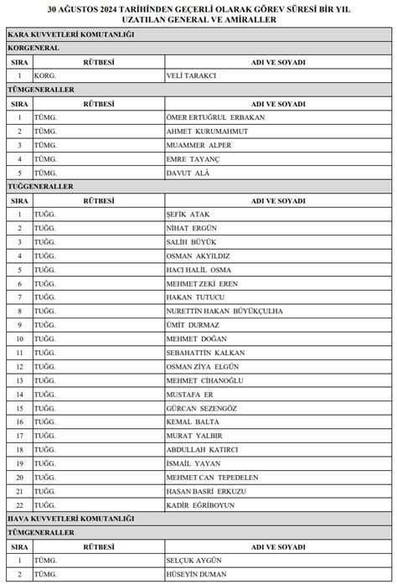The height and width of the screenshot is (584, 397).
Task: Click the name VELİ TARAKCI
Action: click(192, 76)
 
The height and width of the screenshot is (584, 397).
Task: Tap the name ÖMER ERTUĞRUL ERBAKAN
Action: click(216, 117)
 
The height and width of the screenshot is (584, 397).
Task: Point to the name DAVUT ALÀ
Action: click(189, 173)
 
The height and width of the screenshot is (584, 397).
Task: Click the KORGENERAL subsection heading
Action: click(33, 49)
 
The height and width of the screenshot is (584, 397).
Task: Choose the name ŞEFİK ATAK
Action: click(188, 214)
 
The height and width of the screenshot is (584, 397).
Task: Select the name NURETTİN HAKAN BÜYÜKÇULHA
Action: click(225, 311)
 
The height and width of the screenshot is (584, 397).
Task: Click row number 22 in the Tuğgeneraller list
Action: click(19, 505)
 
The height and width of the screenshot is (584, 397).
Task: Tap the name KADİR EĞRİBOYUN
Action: click(200, 505)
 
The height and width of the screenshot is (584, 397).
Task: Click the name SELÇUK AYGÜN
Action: click(194, 560)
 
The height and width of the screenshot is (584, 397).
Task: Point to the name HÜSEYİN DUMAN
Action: click(197, 574)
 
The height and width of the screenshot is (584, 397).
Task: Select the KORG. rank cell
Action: click(45, 76)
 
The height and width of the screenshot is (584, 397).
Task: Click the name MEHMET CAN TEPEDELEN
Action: click(212, 478)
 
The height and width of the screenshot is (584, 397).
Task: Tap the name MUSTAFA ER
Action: click(190, 394)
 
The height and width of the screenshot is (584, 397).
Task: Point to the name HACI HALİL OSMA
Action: click(198, 270)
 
